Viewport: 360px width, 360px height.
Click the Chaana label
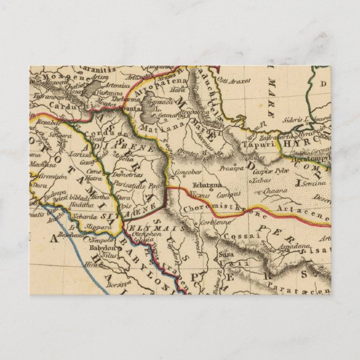coord(268,190)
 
